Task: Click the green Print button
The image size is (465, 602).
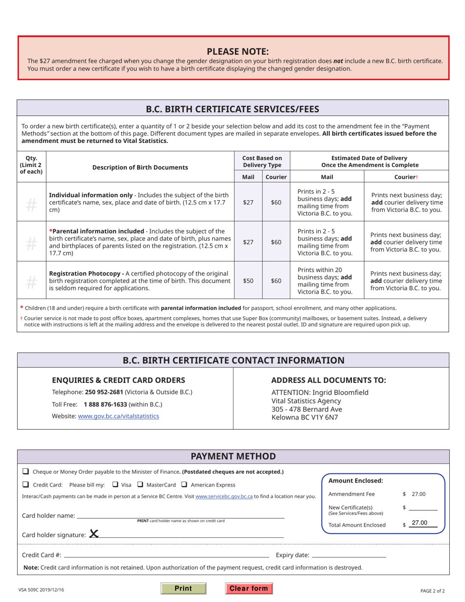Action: tap(184, 589)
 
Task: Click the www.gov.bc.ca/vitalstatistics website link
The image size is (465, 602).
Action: tap(118, 416)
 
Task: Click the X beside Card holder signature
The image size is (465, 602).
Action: tap(94, 534)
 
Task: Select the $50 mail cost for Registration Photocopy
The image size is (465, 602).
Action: tap(248, 281)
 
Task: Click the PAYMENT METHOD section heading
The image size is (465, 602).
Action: tap(233, 456)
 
